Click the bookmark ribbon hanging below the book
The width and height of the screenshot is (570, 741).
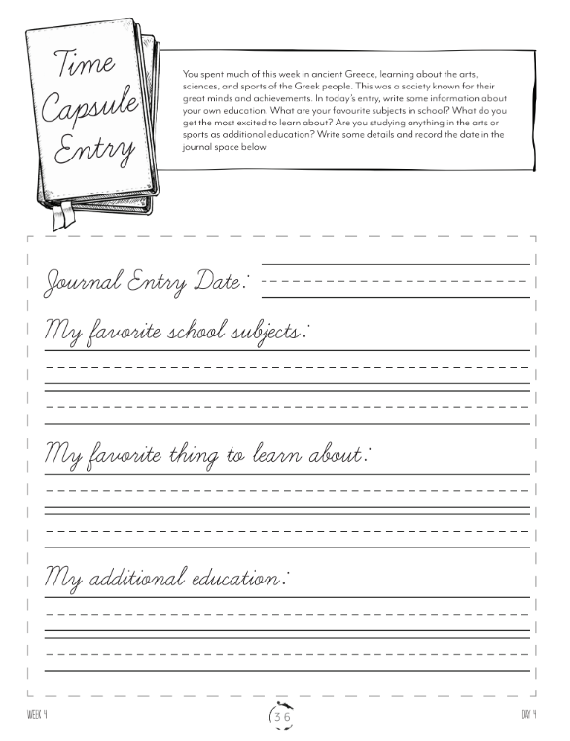[x=62, y=217]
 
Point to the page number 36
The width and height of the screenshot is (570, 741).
[x=283, y=717]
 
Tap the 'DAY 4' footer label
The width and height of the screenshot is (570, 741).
[x=529, y=717]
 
